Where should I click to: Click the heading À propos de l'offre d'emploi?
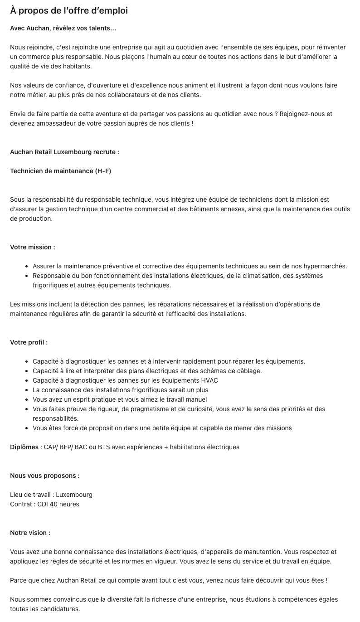[69, 10]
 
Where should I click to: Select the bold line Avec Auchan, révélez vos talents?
[63, 28]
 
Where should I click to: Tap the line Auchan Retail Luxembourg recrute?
[64, 152]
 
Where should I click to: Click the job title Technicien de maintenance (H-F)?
[60, 171]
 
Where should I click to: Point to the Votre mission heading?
[33, 247]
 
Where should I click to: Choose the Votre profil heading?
[29, 342]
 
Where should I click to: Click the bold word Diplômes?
[24, 447]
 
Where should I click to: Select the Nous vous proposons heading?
[45, 476]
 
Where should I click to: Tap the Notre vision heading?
[30, 533]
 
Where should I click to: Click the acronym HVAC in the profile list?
[209, 380]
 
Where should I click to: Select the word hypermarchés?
[325, 266]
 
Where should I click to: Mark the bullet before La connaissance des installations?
[28, 390]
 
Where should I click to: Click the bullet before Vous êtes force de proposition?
[28, 428]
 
